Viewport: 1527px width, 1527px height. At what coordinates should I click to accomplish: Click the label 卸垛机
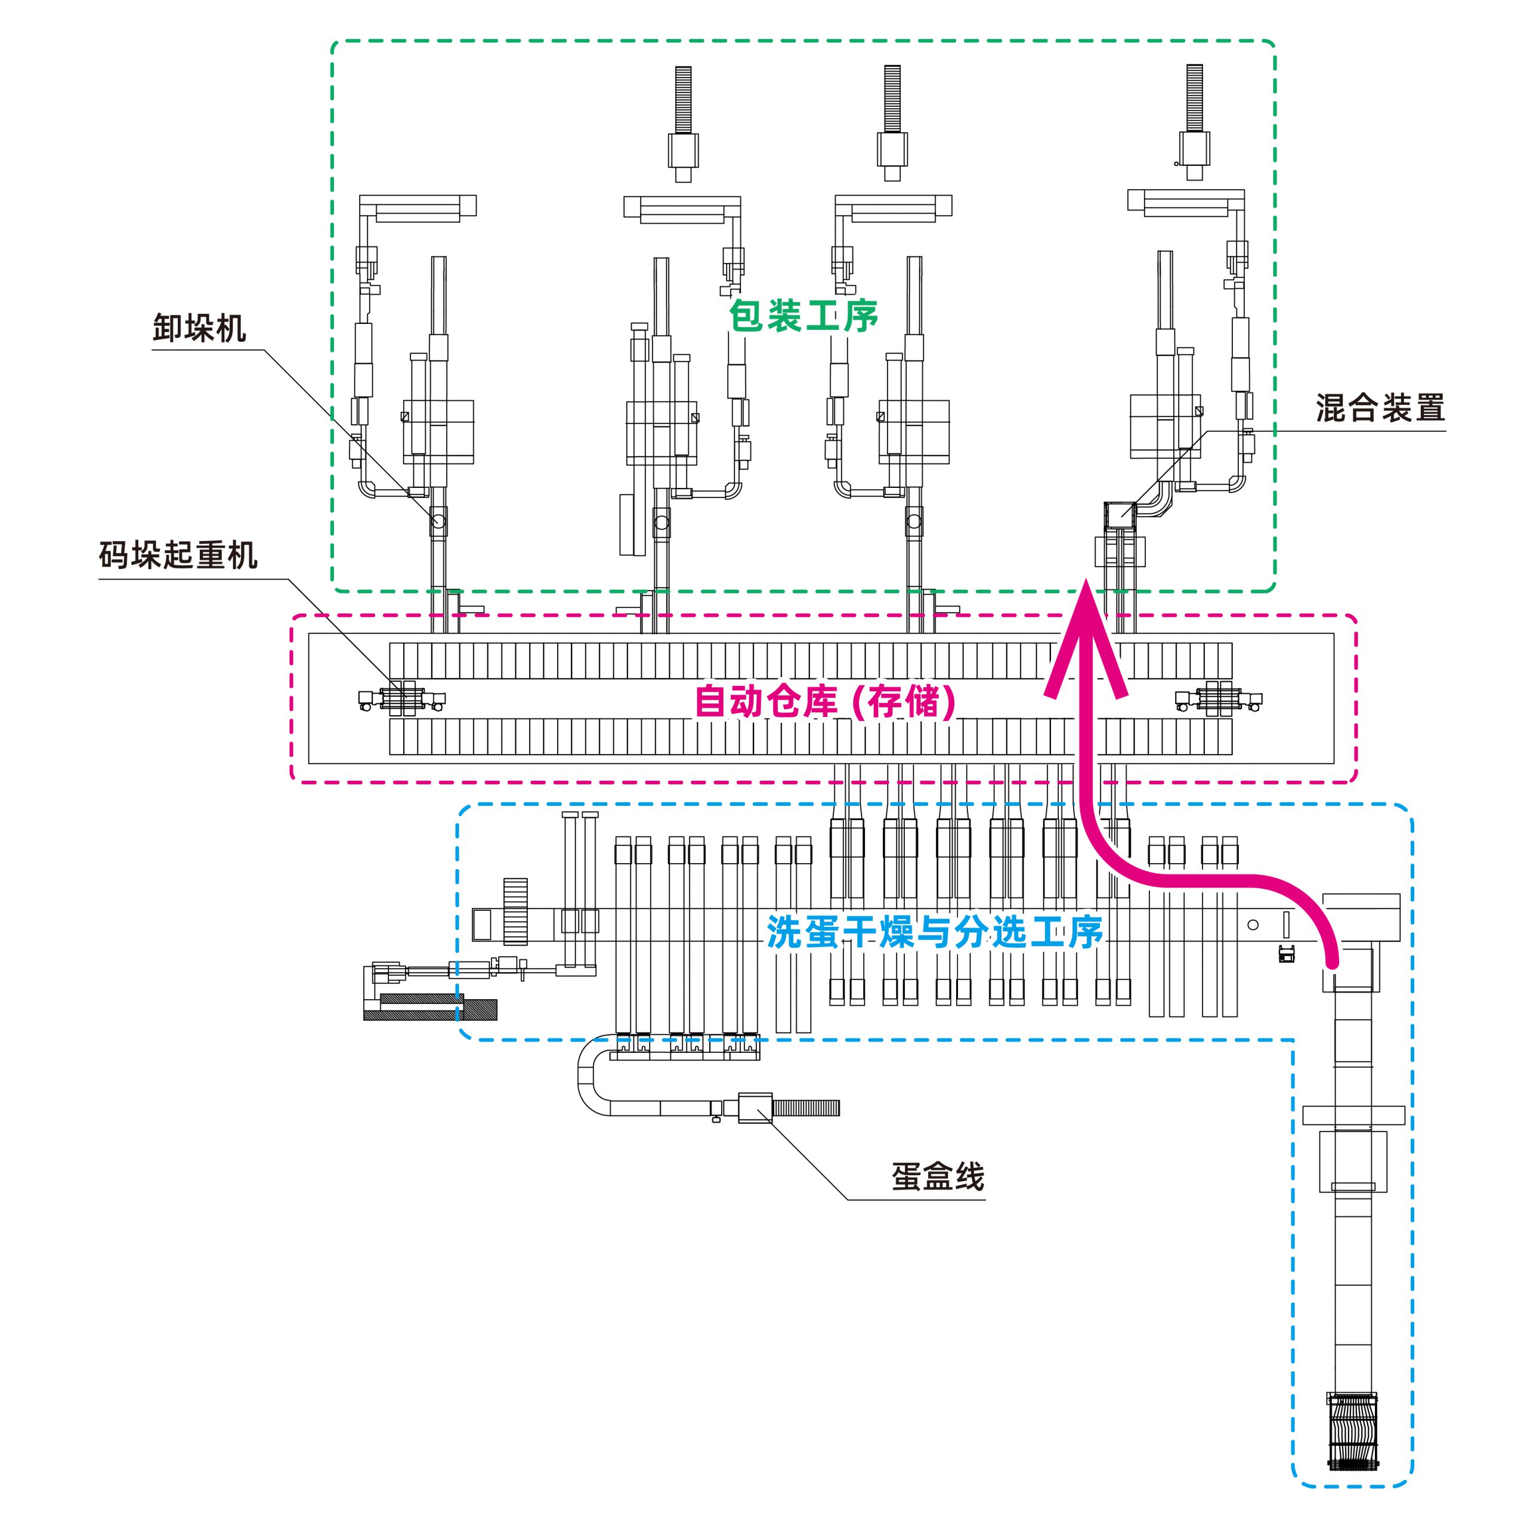coord(199,328)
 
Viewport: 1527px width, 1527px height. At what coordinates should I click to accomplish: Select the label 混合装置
coord(1380,408)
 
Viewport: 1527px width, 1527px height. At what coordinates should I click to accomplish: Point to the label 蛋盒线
coord(938,1177)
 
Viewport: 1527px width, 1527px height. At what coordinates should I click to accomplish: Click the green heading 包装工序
coord(803,316)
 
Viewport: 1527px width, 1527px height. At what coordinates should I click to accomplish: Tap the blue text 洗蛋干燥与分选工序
coord(934,933)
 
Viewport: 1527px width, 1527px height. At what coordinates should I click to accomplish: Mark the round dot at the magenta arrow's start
coord(1333,963)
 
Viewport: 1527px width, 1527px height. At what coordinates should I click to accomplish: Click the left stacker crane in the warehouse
coord(402,698)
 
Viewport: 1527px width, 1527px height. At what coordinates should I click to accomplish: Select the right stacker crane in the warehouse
coord(1218,698)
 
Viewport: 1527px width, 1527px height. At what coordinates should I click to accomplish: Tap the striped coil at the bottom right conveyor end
coord(1352,1442)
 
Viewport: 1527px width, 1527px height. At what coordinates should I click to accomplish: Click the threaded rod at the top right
coord(1194,98)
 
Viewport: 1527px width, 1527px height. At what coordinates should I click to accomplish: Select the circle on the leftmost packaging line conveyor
coord(438,522)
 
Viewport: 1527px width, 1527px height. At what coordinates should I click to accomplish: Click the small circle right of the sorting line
coord(1253,925)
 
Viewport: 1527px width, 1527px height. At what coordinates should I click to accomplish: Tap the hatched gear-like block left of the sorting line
coord(515,911)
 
